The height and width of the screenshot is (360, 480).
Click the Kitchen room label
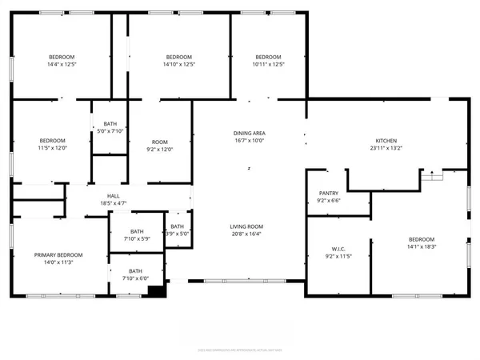[388, 139]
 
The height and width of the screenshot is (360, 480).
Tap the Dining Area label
[249, 132]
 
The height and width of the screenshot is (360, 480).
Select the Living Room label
[249, 226]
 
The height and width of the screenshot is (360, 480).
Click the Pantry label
[328, 193]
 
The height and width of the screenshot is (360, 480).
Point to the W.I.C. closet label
[328, 248]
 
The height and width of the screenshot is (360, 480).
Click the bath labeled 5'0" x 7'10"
[110, 131]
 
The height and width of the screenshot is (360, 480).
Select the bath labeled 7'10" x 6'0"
[135, 278]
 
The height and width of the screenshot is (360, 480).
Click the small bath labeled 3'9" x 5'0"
[178, 234]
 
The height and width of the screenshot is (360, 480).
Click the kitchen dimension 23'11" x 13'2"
[388, 147]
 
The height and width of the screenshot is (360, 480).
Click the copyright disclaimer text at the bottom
[240, 350]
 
